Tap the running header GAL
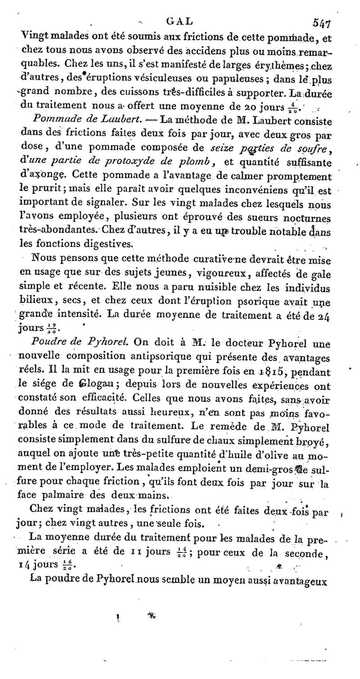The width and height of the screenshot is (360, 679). click(x=179, y=21)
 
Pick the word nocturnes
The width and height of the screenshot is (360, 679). click(x=305, y=217)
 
